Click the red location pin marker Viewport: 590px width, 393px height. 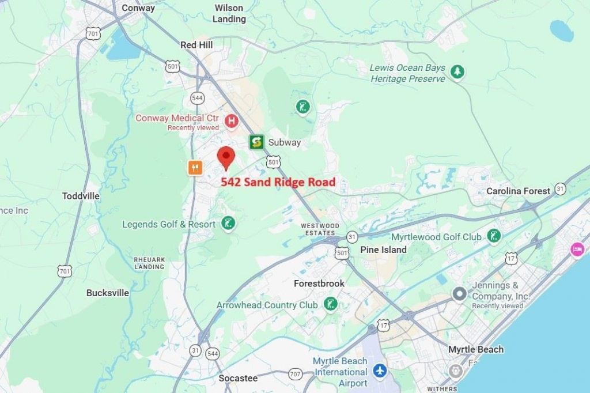pyautogui.click(x=226, y=157)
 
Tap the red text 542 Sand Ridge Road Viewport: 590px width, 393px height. pyautogui.click(x=278, y=182)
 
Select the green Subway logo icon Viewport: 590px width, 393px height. pyautogui.click(x=256, y=142)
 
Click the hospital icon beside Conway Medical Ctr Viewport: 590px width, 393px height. pyautogui.click(x=231, y=121)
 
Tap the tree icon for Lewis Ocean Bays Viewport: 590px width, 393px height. pyautogui.click(x=457, y=72)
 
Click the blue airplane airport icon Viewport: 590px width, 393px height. pyautogui.click(x=379, y=370)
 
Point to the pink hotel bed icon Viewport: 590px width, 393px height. pyautogui.click(x=577, y=250)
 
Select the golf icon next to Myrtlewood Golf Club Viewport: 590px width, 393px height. pyautogui.click(x=493, y=236)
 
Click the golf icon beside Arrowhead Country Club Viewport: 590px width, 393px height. pyautogui.click(x=330, y=304)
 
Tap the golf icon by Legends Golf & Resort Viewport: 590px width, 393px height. pyautogui.click(x=228, y=224)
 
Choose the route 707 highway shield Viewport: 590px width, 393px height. pyautogui.click(x=296, y=373)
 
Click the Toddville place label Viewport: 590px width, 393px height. pyautogui.click(x=81, y=196)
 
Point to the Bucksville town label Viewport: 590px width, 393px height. pyautogui.click(x=108, y=293)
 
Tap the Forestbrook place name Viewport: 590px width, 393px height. pyautogui.click(x=319, y=284)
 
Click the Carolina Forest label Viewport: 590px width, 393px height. pyautogui.click(x=518, y=191)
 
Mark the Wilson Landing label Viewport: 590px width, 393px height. pyautogui.click(x=229, y=13)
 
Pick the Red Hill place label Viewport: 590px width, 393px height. pyautogui.click(x=196, y=44)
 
